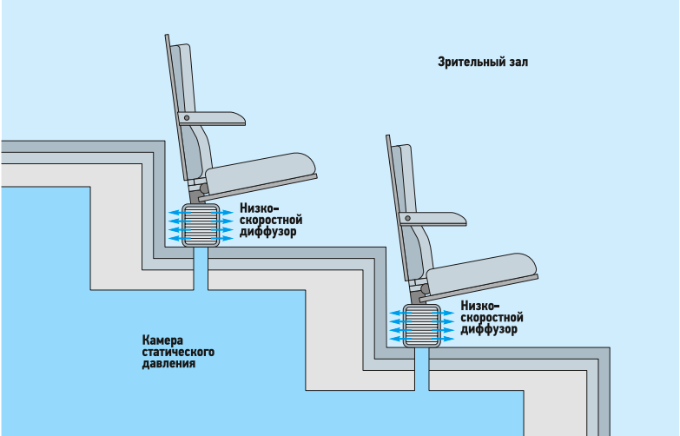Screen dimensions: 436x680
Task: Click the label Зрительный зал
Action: [483, 63]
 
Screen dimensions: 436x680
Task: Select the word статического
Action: [178, 352]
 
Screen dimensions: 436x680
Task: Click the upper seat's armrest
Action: [217, 117]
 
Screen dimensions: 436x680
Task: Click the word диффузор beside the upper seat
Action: [268, 234]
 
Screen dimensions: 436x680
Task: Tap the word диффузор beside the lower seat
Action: [491, 330]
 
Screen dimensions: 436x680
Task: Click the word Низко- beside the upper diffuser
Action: [261, 209]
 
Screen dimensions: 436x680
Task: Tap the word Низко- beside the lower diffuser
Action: [483, 306]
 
